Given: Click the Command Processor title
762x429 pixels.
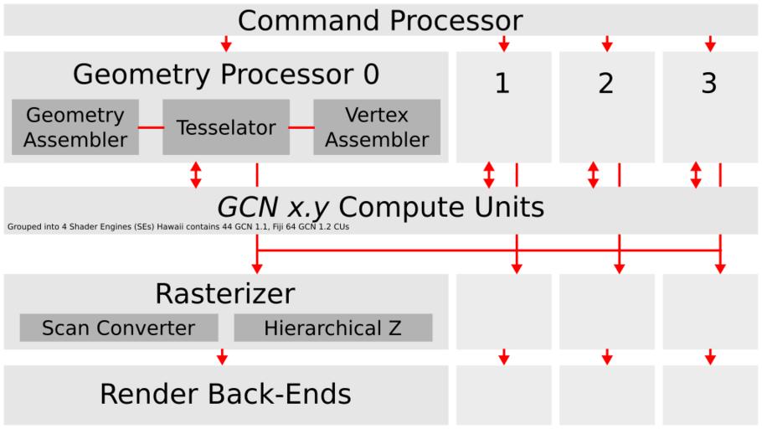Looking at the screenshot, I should (380, 19).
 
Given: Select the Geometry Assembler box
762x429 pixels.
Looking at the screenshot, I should (75, 127).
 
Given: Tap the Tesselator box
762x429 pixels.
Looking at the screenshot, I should (226, 127).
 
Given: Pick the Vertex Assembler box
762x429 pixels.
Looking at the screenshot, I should (377, 127).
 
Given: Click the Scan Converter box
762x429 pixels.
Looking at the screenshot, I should (118, 328).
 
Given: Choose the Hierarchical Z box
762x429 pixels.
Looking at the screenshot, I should (332, 328).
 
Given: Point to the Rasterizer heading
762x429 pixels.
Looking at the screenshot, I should (225, 294).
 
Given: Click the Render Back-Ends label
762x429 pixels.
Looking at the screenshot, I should (225, 394).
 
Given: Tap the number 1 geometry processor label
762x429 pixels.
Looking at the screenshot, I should (502, 84).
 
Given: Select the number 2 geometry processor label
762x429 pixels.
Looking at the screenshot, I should (606, 84).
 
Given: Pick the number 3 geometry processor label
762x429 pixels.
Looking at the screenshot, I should (709, 84).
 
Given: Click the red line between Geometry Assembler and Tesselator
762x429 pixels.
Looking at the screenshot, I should (151, 128).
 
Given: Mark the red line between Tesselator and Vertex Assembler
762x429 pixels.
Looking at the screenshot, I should (301, 128).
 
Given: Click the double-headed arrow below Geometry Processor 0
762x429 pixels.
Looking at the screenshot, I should (196, 174).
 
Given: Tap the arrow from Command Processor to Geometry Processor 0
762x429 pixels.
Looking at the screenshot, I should (225, 44).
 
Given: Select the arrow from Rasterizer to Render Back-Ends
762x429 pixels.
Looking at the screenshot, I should (222, 357).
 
